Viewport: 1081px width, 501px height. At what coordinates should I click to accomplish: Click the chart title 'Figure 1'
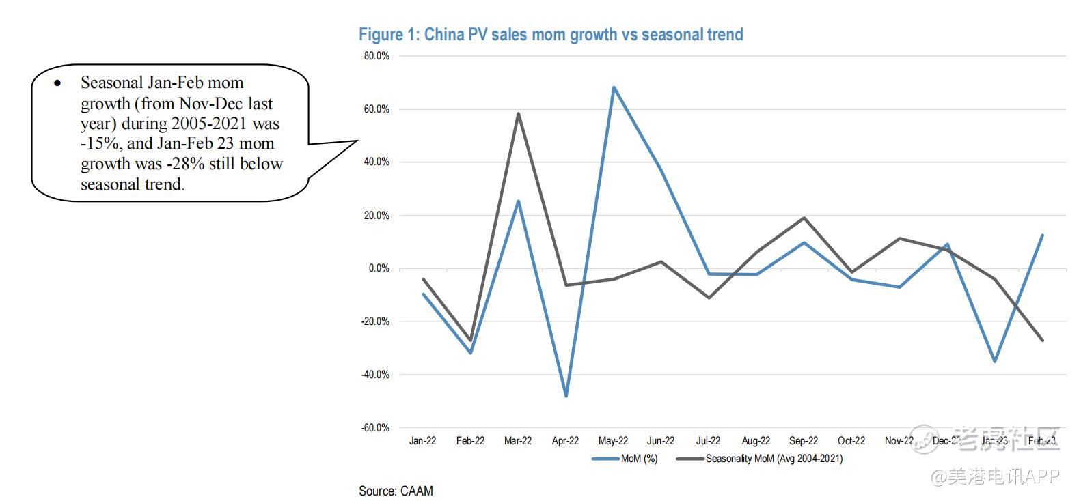551,35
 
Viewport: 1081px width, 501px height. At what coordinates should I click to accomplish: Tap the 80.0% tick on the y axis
377,56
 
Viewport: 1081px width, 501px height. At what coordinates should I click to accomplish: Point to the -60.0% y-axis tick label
375,428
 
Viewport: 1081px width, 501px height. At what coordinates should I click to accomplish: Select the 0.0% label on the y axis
379,268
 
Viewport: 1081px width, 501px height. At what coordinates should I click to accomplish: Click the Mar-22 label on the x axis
518,441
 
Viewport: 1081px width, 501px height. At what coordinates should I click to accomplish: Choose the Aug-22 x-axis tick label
756,441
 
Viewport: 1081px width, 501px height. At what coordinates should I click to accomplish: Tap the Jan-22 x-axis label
422,441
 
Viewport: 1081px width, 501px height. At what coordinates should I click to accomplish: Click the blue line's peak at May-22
614,87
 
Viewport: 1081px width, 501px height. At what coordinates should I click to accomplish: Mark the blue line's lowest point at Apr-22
566,396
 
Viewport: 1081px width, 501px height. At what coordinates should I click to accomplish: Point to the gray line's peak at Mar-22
518,113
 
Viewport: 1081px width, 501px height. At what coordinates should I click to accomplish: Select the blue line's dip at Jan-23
995,361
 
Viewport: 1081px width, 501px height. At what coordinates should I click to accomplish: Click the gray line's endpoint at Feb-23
1042,340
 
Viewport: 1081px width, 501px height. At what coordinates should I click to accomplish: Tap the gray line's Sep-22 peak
804,218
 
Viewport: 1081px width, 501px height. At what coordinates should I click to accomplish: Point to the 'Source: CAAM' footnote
396,491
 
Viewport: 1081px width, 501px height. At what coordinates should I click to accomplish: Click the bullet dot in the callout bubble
57,83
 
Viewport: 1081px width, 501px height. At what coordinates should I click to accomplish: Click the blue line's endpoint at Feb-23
1042,235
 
